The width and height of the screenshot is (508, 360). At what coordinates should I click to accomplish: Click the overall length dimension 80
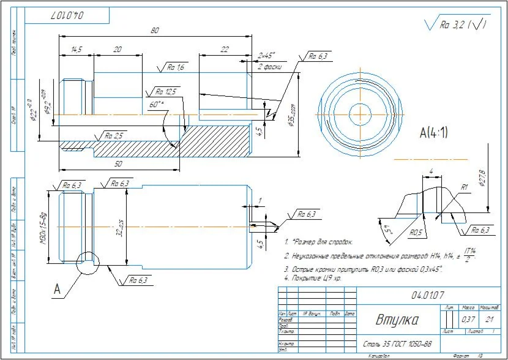click(155, 30)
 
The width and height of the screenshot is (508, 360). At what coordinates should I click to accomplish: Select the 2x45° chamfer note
click(267, 55)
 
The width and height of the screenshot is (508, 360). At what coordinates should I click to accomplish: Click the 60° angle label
click(157, 105)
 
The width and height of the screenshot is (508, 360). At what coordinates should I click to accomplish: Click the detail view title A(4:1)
click(433, 132)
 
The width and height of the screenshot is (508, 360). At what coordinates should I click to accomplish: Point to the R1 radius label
click(465, 187)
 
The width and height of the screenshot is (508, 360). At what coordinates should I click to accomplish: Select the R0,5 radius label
click(417, 233)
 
